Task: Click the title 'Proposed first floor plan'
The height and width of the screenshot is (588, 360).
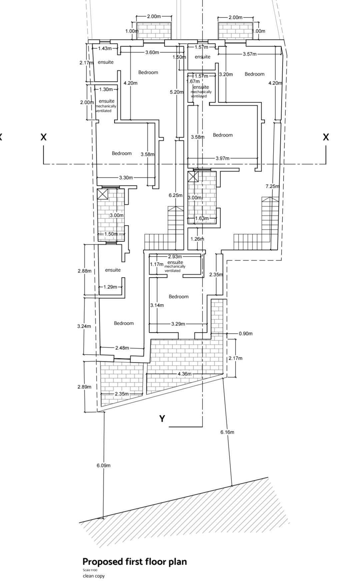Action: (x=134, y=562)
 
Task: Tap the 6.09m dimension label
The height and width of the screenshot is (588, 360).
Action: (x=103, y=465)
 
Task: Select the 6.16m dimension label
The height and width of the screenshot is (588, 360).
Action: (x=227, y=432)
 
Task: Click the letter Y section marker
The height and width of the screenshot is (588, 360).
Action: (x=162, y=419)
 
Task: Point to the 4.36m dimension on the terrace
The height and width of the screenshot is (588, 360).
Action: (x=184, y=374)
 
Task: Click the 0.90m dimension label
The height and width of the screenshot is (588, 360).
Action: (x=246, y=333)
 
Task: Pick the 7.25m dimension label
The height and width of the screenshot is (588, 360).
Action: (x=272, y=186)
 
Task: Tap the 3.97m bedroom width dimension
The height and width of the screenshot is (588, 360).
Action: (x=222, y=158)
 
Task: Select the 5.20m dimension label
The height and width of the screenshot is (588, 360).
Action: (x=177, y=92)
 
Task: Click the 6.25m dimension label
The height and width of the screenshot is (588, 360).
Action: (x=175, y=195)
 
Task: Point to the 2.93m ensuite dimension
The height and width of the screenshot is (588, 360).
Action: (x=175, y=257)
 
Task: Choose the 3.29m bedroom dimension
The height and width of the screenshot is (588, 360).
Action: (x=178, y=324)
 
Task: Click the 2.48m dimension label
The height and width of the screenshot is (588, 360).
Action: (x=122, y=348)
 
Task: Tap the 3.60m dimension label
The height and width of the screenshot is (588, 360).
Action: (x=152, y=52)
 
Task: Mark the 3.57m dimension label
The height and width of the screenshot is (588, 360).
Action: (x=249, y=54)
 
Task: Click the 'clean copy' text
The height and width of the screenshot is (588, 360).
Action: (x=94, y=576)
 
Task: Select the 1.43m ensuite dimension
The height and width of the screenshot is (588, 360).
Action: (x=105, y=48)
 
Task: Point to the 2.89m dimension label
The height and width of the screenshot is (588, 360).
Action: (x=84, y=387)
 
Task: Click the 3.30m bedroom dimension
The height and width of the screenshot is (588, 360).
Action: (x=126, y=178)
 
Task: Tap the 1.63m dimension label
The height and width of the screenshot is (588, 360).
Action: (x=202, y=219)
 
